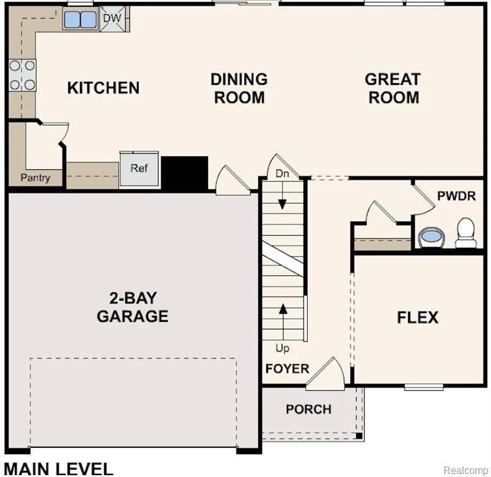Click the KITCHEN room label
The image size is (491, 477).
point(103,88)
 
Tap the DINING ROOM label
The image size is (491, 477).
point(239,88)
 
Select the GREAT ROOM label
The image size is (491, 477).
point(392,88)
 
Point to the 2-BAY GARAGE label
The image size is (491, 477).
point(132,307)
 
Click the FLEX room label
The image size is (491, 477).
point(417,317)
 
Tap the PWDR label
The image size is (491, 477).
point(456,196)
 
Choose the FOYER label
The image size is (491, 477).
point(287,368)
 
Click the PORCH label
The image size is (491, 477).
point(309,409)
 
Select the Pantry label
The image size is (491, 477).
point(35,178)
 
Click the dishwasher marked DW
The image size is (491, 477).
point(112,19)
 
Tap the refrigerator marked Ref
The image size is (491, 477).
point(139,168)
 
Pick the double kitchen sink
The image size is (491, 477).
point(80,20)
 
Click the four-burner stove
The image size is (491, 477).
point(22,75)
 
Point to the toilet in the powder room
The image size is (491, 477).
point(466,233)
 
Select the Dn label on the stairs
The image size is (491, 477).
point(282,175)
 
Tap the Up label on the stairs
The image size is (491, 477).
point(282,348)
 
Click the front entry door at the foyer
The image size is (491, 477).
point(327,376)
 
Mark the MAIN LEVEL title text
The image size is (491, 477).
point(58,468)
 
